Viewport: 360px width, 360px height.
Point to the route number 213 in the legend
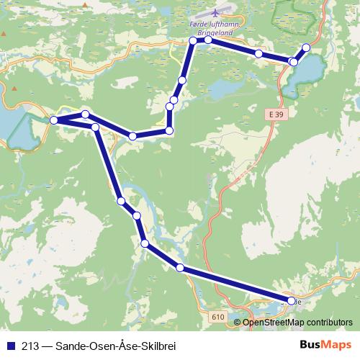[29, 345]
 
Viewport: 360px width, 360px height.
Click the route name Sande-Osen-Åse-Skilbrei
[115, 345]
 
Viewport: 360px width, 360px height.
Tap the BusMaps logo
[325, 345]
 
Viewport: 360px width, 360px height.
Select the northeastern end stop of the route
[305, 48]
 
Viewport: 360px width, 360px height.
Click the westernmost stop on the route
[53, 120]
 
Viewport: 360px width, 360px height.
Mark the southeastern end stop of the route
[292, 301]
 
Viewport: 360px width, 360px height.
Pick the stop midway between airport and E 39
[258, 53]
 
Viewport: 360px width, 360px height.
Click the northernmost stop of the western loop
[85, 114]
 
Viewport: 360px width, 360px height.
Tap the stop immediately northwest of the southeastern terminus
[179, 268]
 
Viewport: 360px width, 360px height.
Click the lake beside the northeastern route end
[306, 72]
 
